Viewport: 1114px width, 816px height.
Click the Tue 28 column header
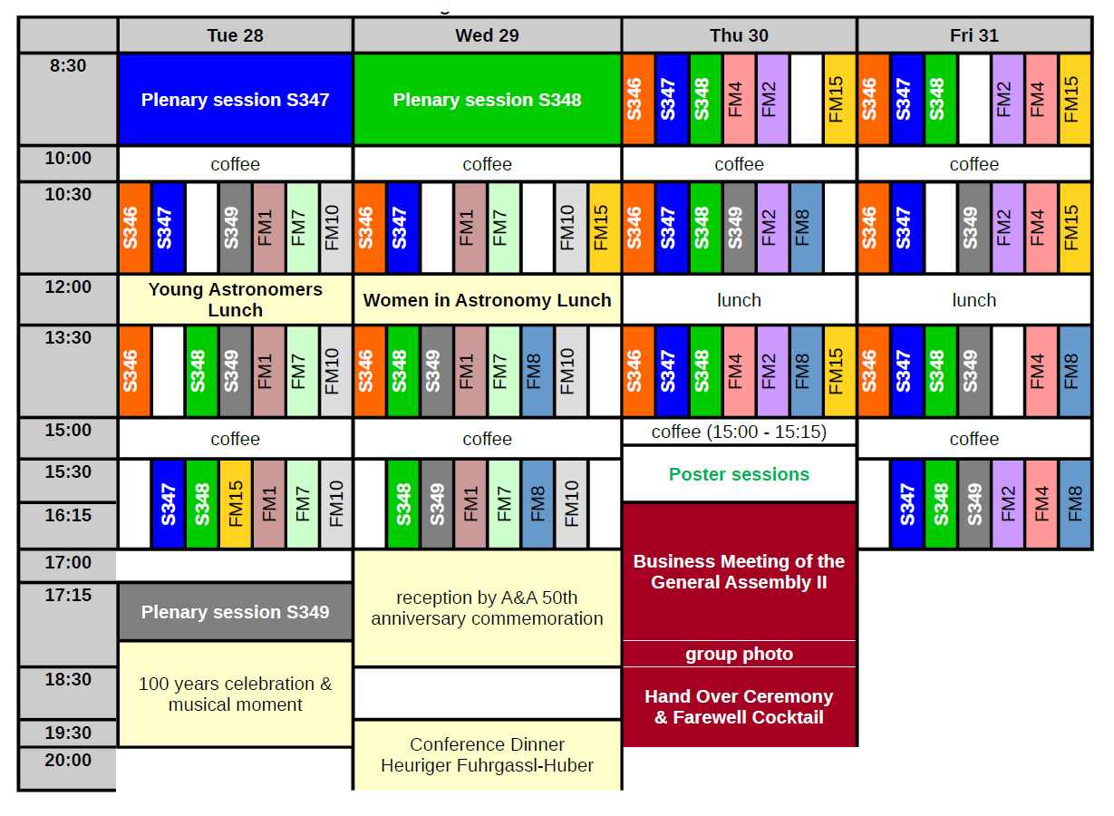click(235, 35)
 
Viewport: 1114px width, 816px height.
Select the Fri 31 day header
click(974, 35)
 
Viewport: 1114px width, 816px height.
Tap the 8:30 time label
click(68, 66)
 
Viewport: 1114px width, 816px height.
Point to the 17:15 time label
click(68, 596)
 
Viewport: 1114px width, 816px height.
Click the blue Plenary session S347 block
click(235, 100)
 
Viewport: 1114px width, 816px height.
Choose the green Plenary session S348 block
click(487, 100)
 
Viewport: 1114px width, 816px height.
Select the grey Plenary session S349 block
click(235, 612)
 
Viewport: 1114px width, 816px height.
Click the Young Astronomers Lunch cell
click(235, 299)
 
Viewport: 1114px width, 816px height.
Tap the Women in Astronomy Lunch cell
click(487, 300)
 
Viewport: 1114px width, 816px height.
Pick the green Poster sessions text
click(739, 474)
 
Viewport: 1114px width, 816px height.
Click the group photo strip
click(739, 654)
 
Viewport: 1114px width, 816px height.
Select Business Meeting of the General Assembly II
click(739, 572)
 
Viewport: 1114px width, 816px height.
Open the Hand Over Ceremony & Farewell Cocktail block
click(739, 707)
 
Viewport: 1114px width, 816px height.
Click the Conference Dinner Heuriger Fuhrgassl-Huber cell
click(487, 755)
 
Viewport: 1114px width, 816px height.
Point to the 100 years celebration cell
click(235, 694)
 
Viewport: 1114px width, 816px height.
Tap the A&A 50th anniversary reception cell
click(487, 608)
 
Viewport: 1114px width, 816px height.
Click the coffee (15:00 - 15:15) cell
click(739, 432)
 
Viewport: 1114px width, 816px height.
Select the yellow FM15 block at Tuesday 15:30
click(236, 503)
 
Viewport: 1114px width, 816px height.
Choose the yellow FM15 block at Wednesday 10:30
click(604, 228)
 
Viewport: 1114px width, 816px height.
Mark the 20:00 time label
click(68, 761)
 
